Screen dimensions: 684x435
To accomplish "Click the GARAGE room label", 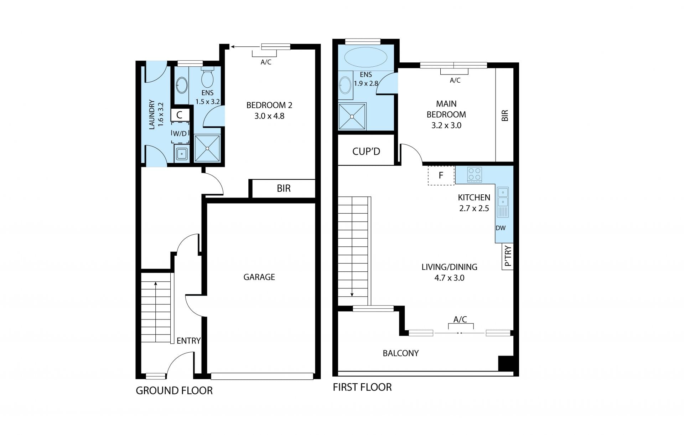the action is pyautogui.click(x=259, y=277).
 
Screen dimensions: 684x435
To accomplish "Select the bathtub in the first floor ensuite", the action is pyautogui.click(x=366, y=57).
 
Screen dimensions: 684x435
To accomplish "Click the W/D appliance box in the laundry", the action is pyautogui.click(x=180, y=133).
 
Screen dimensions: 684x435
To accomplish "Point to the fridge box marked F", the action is pyautogui.click(x=441, y=175).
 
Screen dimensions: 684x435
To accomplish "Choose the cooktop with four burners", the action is pyautogui.click(x=475, y=175).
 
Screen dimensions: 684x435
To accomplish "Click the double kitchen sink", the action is pyautogui.click(x=503, y=202).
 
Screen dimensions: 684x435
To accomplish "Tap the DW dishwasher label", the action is pyautogui.click(x=501, y=228).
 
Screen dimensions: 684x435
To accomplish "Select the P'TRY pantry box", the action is pyautogui.click(x=508, y=256).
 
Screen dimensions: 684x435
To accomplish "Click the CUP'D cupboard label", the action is pyautogui.click(x=366, y=152).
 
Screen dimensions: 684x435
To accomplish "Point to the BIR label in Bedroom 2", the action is pyautogui.click(x=284, y=189).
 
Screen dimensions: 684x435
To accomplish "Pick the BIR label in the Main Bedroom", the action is pyautogui.click(x=505, y=115).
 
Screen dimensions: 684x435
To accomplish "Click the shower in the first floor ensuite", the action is pyautogui.click(x=352, y=117).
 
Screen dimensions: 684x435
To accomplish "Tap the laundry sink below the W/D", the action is pyautogui.click(x=182, y=154).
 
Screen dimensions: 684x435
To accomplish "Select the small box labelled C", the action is pyautogui.click(x=180, y=115).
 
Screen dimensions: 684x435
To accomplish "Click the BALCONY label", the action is pyautogui.click(x=401, y=353).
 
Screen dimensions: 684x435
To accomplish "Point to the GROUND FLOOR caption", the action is pyautogui.click(x=174, y=391).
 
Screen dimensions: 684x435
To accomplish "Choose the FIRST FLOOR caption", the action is pyautogui.click(x=362, y=387).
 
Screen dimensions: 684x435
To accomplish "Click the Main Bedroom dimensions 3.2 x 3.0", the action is pyautogui.click(x=446, y=126).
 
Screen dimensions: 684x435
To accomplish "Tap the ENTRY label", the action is pyautogui.click(x=188, y=341).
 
